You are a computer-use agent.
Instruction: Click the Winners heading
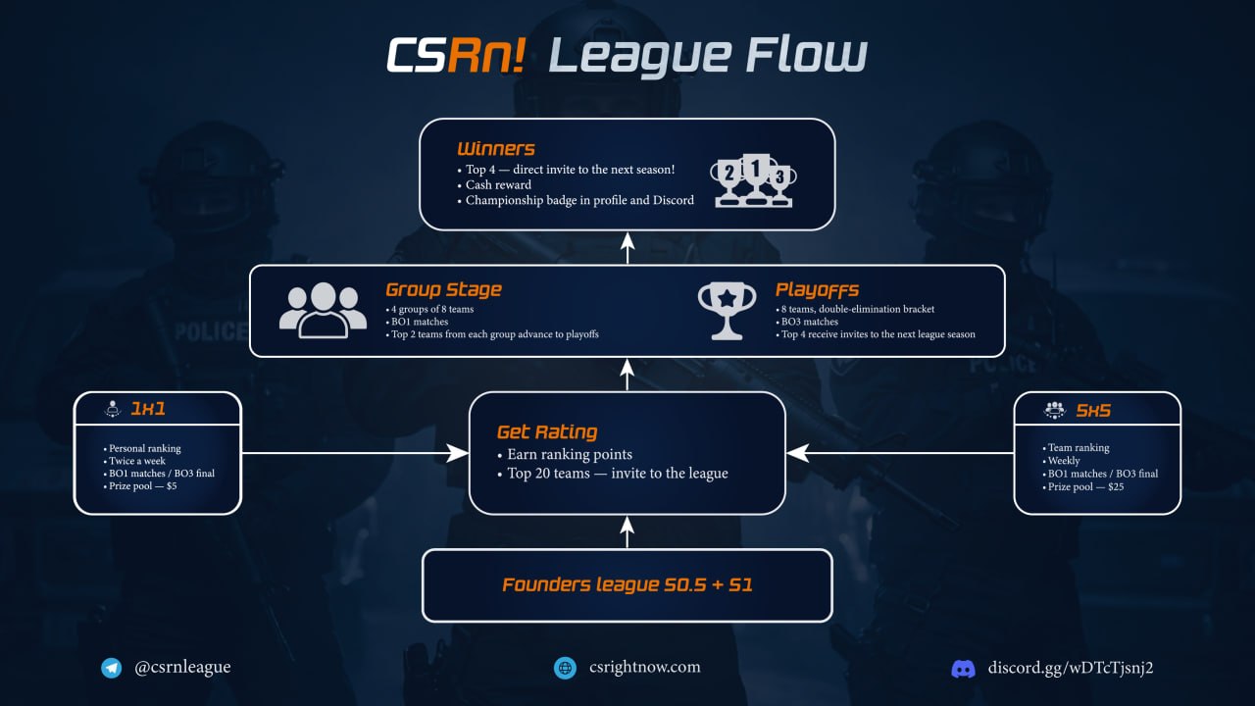pos(496,149)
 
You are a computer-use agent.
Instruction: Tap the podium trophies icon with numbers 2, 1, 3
pos(754,180)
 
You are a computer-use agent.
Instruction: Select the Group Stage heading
pos(443,289)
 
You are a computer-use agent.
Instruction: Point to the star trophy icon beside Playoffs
pos(727,311)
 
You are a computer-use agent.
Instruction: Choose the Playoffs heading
pos(817,289)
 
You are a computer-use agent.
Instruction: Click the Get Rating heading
pos(547,431)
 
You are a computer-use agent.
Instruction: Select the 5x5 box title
pos(1093,410)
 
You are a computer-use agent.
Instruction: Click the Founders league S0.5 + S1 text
pos(627,585)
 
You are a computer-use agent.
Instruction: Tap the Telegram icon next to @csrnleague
pos(112,668)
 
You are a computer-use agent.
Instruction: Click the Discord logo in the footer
pos(964,669)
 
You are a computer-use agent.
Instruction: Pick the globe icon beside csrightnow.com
pos(565,668)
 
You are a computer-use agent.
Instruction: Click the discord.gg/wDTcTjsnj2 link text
pos(1071,668)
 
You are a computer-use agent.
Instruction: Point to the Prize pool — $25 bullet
pos(1088,486)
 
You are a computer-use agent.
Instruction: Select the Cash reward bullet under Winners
pos(498,184)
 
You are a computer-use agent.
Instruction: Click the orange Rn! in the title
pos(487,57)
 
